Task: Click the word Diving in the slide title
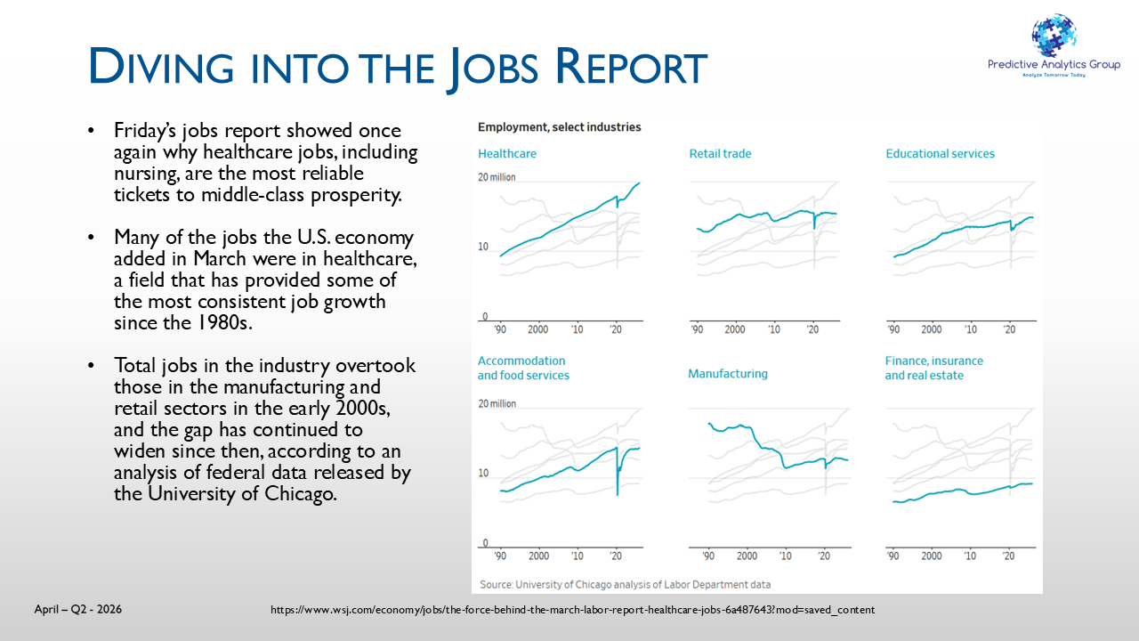coord(161,66)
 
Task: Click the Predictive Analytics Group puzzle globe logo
coord(1054,36)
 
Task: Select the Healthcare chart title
coord(507,154)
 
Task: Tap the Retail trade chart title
coord(720,154)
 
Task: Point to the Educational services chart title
coord(941,154)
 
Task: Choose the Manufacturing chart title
coord(728,374)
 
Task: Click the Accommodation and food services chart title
coord(523,368)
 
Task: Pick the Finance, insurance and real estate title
coord(934,368)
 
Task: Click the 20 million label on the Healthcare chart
coord(497,177)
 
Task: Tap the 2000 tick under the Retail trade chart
coord(735,329)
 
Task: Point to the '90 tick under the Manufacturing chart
coord(708,556)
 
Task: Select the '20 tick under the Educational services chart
coord(1009,329)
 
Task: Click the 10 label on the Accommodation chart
coord(483,473)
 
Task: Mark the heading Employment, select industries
coord(560,127)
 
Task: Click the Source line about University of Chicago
coord(625,585)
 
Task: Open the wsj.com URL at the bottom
coord(572,610)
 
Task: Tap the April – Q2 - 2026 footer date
coord(77,609)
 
